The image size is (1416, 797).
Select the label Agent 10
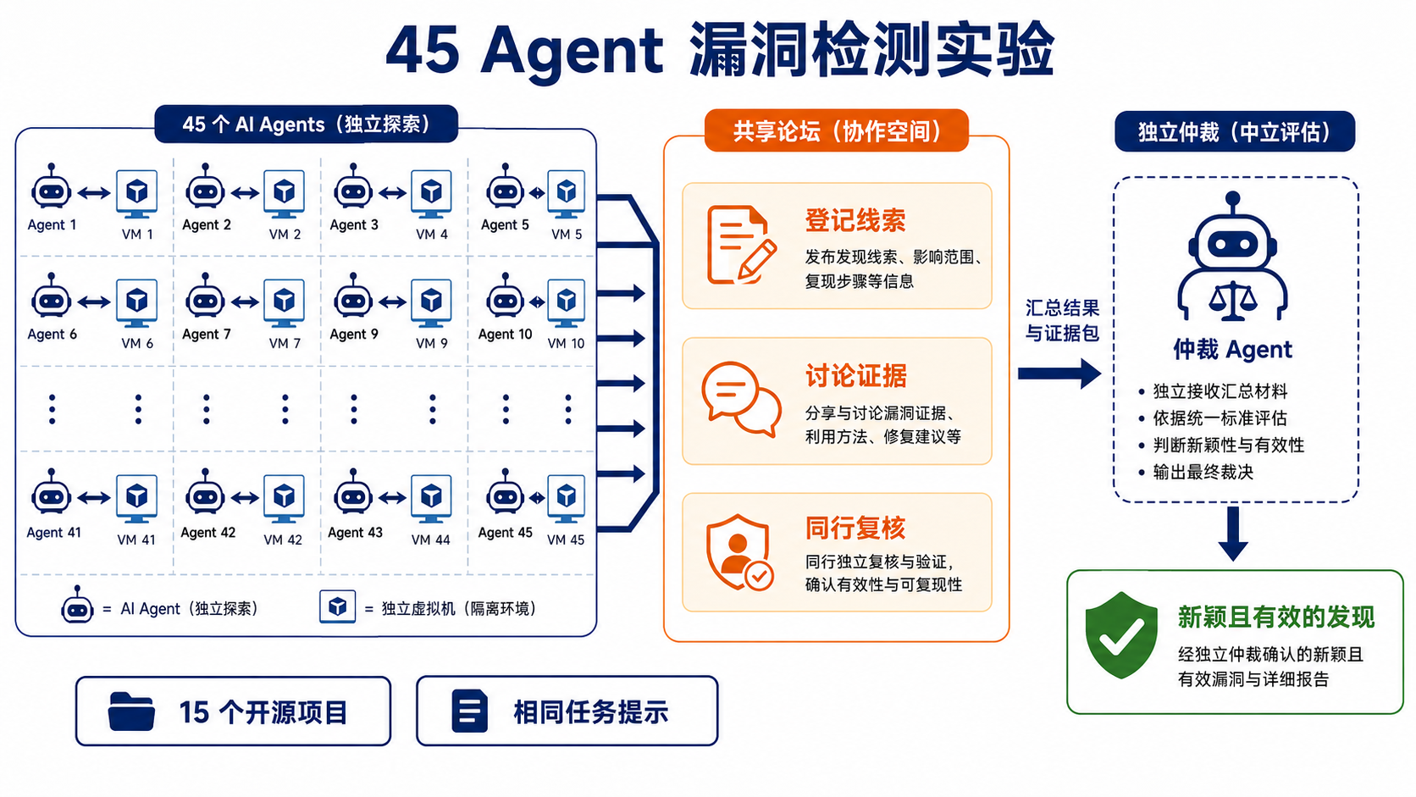(x=505, y=335)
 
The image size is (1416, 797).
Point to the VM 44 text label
(x=430, y=540)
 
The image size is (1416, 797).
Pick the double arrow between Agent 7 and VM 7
(x=246, y=302)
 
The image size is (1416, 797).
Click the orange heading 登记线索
(x=855, y=220)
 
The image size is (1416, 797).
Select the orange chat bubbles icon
(x=742, y=399)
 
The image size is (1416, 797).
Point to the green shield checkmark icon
(x=1120, y=635)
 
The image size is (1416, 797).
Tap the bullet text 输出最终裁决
(x=1203, y=472)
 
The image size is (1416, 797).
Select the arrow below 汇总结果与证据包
(x=1059, y=374)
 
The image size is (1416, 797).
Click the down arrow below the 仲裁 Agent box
(x=1233, y=534)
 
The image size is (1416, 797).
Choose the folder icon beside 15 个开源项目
(x=131, y=711)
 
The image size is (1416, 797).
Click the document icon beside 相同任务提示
(x=470, y=711)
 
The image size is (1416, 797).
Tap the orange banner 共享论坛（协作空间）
(x=837, y=130)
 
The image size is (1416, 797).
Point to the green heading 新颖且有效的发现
(x=1275, y=617)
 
